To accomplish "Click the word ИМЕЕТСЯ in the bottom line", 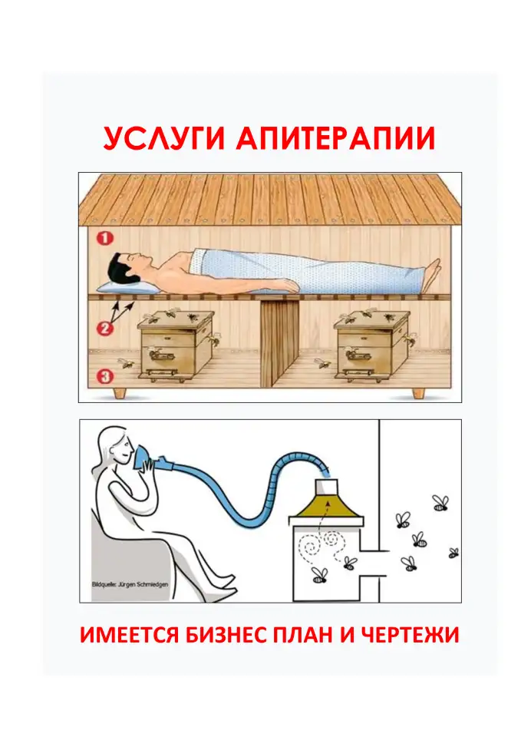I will click(114, 636).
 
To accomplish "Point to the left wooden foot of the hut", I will click(120, 393).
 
